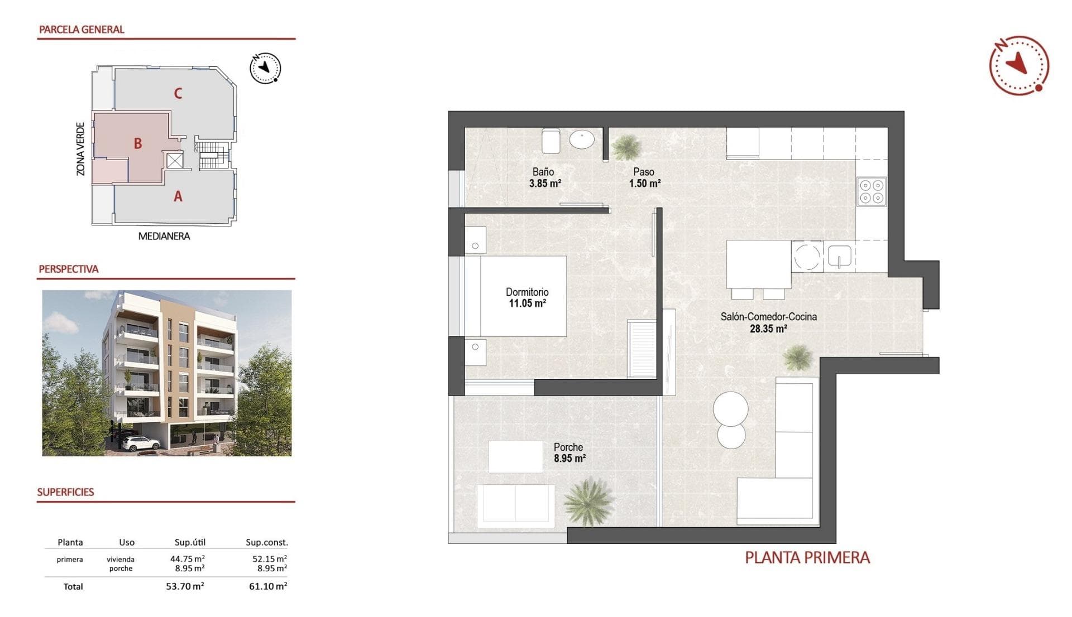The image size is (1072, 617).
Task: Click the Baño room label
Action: pyautogui.click(x=543, y=172)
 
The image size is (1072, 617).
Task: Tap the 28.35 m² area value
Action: pyautogui.click(x=768, y=329)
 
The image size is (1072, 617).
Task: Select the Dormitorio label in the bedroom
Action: pyautogui.click(x=527, y=292)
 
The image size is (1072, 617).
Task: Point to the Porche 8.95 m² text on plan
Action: pyautogui.click(x=569, y=452)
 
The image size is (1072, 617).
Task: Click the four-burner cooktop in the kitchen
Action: pyautogui.click(x=872, y=191)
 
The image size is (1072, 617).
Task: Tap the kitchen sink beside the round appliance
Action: pyautogui.click(x=839, y=257)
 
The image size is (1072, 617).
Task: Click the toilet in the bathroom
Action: pyautogui.click(x=551, y=141)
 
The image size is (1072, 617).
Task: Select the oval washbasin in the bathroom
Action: pyautogui.click(x=582, y=139)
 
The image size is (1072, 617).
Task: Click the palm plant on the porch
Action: pyautogui.click(x=588, y=501)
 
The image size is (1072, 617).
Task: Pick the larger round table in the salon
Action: pyautogui.click(x=730, y=409)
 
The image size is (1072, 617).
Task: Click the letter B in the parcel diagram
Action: pyautogui.click(x=138, y=143)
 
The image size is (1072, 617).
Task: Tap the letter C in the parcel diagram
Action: pyautogui.click(x=178, y=93)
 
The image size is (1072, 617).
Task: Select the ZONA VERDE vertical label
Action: pyautogui.click(x=81, y=149)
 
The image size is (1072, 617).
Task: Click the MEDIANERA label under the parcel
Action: pyautogui.click(x=164, y=236)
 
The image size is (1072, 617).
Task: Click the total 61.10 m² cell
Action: pyautogui.click(x=268, y=586)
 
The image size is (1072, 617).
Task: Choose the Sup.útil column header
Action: pyautogui.click(x=190, y=542)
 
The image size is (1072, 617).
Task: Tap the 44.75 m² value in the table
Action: pyautogui.click(x=187, y=558)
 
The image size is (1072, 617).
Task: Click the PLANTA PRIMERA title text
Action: pyautogui.click(x=807, y=557)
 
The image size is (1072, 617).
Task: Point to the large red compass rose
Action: pyautogui.click(x=1019, y=65)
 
